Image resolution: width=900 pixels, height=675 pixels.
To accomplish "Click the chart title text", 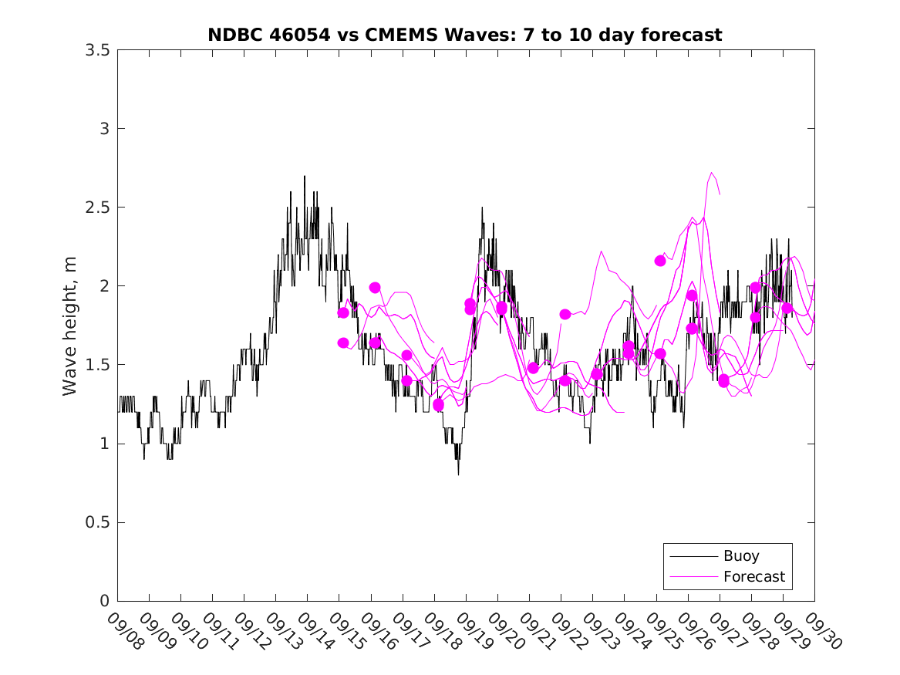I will click(x=465, y=35).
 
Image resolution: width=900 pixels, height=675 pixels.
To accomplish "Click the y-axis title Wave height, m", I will click(x=70, y=326).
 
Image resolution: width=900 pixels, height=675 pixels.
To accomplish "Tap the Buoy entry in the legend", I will click(x=741, y=555).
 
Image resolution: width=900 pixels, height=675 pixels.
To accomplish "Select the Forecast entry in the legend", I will click(x=753, y=576).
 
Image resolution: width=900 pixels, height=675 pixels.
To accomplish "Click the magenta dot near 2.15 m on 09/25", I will click(x=660, y=261).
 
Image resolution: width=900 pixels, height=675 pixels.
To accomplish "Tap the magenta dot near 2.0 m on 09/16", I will click(x=375, y=288).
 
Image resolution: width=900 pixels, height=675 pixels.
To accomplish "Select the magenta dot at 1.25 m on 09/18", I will click(x=438, y=404).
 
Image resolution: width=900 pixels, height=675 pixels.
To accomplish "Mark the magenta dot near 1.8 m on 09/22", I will click(x=565, y=314).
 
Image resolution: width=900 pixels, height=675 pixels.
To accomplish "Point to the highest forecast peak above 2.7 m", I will click(x=711, y=173).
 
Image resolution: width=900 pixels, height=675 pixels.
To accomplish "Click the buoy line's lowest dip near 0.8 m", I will click(x=458, y=474).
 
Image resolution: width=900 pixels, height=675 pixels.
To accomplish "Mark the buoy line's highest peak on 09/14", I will click(x=304, y=177).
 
